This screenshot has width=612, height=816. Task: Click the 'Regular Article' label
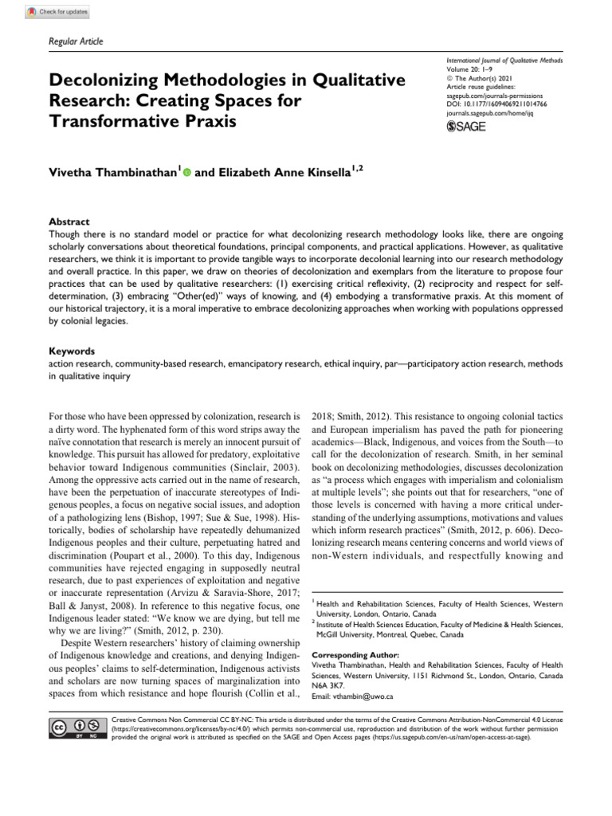(x=76, y=41)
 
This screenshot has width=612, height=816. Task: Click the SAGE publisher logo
(x=467, y=126)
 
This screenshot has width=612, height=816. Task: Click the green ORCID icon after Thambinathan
(x=187, y=171)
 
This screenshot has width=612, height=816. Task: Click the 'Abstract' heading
(x=70, y=222)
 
